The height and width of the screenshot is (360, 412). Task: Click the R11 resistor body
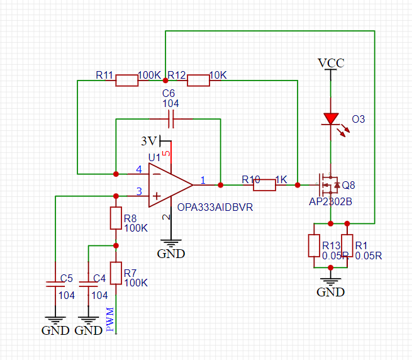[127, 81]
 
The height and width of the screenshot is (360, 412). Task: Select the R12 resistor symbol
[198, 81]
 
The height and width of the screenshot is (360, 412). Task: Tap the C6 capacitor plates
[171, 119]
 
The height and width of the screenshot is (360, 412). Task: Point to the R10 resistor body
[265, 185]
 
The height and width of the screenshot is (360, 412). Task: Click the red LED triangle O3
[331, 119]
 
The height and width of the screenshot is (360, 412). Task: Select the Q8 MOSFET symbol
[328, 185]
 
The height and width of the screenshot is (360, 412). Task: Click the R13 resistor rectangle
[314, 245]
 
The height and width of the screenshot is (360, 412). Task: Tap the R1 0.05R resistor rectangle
[347, 245]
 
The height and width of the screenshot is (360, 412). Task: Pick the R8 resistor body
[116, 218]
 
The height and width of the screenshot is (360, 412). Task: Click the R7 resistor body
[116, 273]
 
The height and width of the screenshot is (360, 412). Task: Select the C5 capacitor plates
[55, 284]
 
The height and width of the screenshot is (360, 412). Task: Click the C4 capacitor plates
[88, 284]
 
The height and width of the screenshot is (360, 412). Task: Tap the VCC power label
[331, 63]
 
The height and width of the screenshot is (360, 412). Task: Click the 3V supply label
[148, 141]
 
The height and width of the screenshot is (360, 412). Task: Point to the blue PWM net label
[110, 319]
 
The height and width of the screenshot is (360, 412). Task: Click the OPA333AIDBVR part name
[215, 208]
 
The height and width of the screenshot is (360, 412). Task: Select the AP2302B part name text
[331, 201]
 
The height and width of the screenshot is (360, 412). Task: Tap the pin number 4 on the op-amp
[139, 169]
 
